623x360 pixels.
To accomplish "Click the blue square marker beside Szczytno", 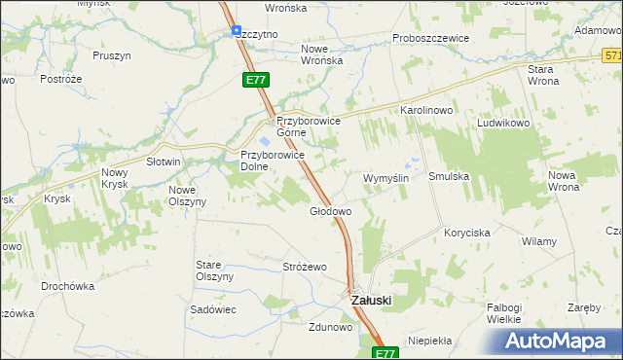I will point(237,31).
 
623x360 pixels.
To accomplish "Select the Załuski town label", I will point(371,301).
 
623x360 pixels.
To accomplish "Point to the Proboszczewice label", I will point(430,38).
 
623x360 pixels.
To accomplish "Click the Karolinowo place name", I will point(427,111).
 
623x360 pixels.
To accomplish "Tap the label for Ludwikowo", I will point(502,125).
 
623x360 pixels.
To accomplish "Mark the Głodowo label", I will point(330,210).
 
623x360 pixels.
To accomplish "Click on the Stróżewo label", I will point(304,267).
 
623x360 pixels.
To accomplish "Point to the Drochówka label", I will point(68,287).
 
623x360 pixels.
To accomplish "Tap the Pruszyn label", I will point(112,55).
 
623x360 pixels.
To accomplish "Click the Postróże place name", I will point(58,78).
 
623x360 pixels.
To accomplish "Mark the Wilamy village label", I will point(539,240).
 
